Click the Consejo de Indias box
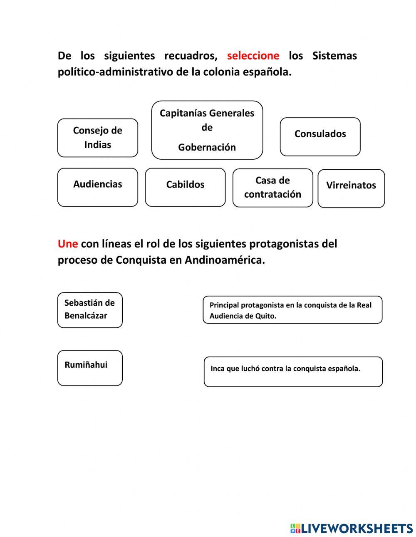[x=97, y=138]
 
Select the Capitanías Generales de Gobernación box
[x=207, y=130]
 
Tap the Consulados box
[x=320, y=136]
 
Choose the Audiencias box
[x=97, y=187]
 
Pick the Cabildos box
[x=185, y=187]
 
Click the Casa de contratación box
[x=272, y=188]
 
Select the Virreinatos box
[x=351, y=188]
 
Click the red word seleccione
[x=253, y=55]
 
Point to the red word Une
[x=67, y=243]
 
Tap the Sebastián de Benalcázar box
[x=90, y=310]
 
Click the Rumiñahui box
[x=90, y=368]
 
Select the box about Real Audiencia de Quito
[x=292, y=310]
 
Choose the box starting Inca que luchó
[x=293, y=371]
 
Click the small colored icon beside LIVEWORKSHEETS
[x=295, y=528]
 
